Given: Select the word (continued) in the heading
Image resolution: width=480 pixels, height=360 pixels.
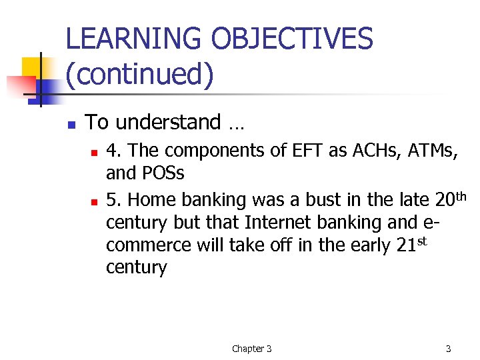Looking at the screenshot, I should [140, 74].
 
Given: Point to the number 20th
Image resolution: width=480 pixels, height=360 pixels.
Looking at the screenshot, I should [451, 198].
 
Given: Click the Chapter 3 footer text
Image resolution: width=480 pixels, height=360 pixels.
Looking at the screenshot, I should [251, 349].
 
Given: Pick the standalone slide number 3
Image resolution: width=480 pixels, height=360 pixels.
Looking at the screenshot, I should [448, 349].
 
